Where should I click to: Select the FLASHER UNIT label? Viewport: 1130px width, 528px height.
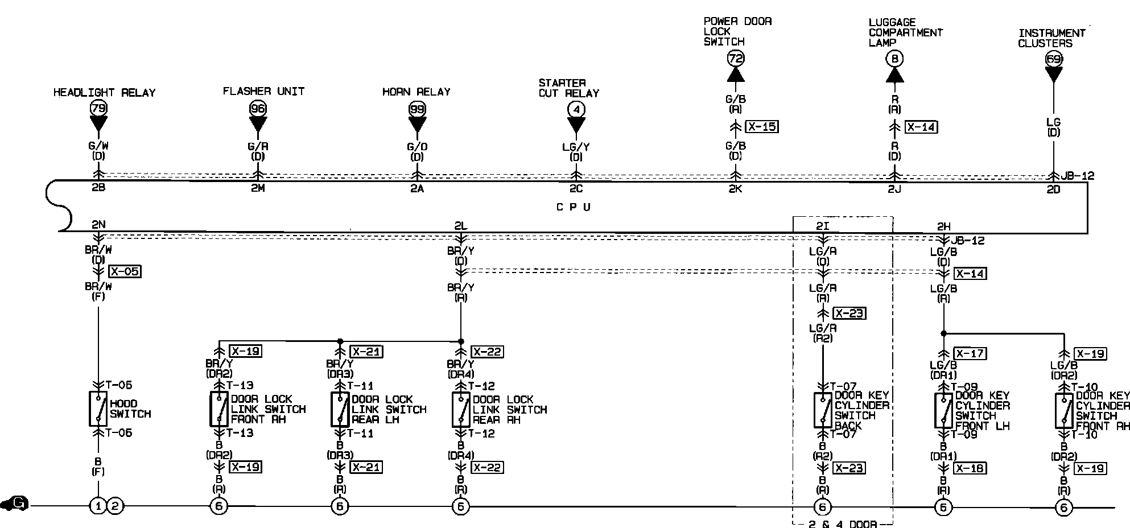pos(263,91)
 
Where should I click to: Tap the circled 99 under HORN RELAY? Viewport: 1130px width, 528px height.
pos(417,108)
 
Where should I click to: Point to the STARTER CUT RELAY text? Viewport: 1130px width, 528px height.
pos(569,88)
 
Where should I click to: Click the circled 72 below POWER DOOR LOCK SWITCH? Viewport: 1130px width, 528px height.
pos(736,58)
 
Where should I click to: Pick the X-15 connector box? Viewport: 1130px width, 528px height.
pos(762,127)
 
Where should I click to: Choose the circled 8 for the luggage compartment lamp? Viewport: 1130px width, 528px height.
pos(894,59)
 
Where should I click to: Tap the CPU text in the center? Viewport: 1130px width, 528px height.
pos(573,207)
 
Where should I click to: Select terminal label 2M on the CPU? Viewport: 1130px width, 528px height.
pos(258,188)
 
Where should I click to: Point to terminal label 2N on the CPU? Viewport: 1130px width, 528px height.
pos(98,224)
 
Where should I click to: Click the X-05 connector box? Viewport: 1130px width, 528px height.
pos(125,271)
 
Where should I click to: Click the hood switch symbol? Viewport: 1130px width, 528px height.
pos(98,409)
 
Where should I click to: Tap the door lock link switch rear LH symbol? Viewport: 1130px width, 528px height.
pos(340,409)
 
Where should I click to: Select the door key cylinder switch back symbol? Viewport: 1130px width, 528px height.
pos(822,410)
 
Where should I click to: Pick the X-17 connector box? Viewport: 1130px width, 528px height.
pos(970,353)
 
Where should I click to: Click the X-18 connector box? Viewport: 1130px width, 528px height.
pos(970,468)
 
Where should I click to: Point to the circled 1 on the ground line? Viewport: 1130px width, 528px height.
pos(98,505)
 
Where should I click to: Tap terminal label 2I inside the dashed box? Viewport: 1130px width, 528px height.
pos(823,226)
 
